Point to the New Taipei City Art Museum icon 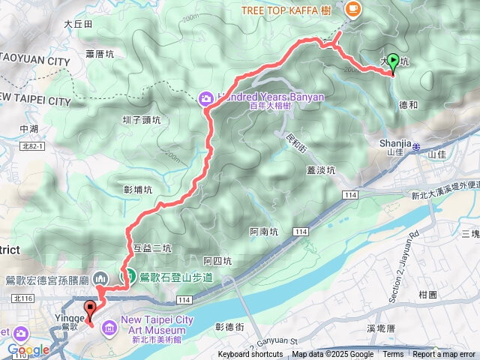109,325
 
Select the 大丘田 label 78,24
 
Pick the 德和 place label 409,106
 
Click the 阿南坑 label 264,232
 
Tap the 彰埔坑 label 138,190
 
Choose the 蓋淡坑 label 321,169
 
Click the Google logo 28,349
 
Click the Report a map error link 445,355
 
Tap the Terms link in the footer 393,355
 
